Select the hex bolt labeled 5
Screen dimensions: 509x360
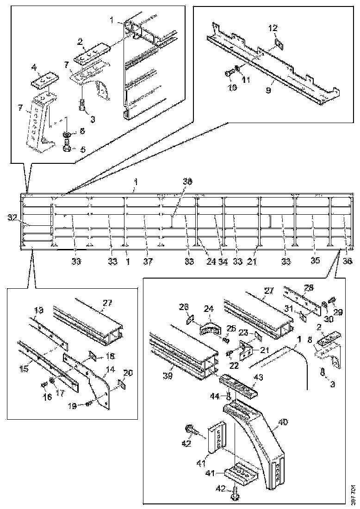(x=67, y=149)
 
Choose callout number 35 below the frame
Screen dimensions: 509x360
(x=315, y=261)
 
